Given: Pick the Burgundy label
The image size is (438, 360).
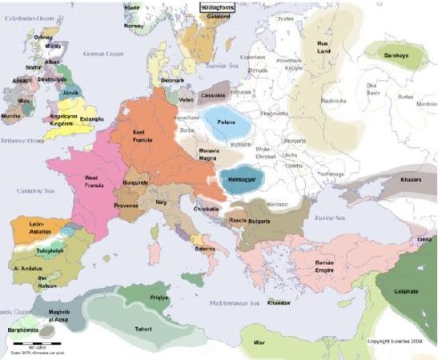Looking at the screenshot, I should [x=135, y=183].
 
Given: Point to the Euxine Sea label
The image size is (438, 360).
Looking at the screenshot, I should [x=330, y=217].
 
